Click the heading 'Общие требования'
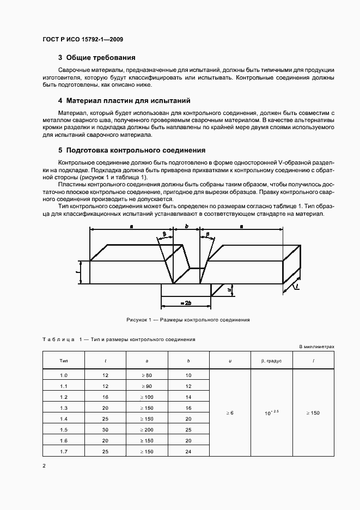click(x=100, y=58)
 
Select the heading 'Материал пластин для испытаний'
click(x=128, y=101)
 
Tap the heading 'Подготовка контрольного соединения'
click(x=135, y=150)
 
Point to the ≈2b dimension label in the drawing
click(x=186, y=301)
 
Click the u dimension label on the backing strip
click(x=230, y=290)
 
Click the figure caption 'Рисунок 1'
click(x=180, y=320)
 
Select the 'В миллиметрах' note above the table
click(x=317, y=347)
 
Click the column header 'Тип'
click(x=63, y=361)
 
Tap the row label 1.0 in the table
click(x=63, y=375)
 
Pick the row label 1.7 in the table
click(x=63, y=452)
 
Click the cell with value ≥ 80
click(x=147, y=375)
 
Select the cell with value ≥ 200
click(x=147, y=430)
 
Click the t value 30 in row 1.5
click(x=105, y=430)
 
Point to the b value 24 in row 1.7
click(x=188, y=452)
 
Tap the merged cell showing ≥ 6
click(x=230, y=414)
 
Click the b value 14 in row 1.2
click(x=188, y=397)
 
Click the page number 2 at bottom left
click(x=44, y=466)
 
